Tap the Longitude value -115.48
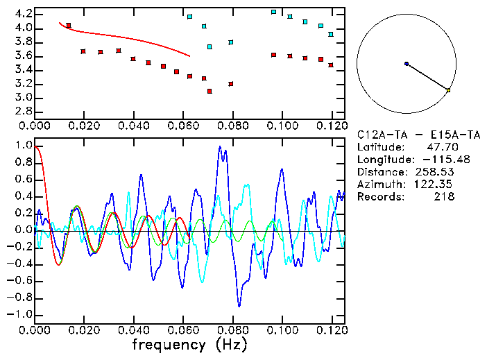432,160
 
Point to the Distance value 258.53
436,171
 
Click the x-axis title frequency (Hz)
189,344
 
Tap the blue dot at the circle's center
407,64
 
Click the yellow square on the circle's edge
448,90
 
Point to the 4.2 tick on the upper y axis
23,14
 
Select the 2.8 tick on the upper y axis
23,112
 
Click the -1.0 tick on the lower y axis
21,314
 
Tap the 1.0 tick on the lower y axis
23,146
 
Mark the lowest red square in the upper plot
210,91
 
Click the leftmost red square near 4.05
68,26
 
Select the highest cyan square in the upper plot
274,12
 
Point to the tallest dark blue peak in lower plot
220,146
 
